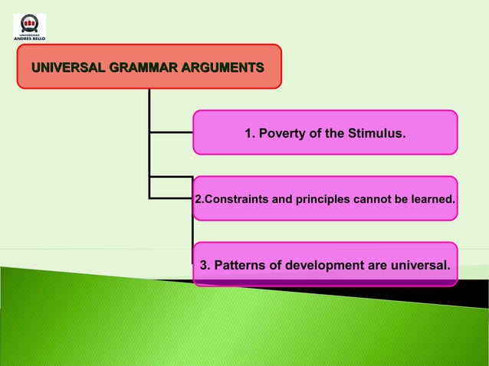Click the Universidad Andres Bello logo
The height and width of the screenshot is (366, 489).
pyautogui.click(x=30, y=27)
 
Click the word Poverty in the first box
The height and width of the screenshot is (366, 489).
pyautogui.click(x=283, y=134)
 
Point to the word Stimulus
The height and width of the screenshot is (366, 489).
pyautogui.click(x=376, y=134)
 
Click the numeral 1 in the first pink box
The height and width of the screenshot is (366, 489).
pyautogui.click(x=248, y=134)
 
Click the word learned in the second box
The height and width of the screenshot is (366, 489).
pyautogui.click(x=433, y=200)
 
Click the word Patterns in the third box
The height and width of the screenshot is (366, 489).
pyautogui.click(x=240, y=266)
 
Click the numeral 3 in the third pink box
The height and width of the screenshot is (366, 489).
pyautogui.click(x=204, y=266)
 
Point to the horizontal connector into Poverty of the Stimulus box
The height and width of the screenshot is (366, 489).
pyautogui.click(x=171, y=132)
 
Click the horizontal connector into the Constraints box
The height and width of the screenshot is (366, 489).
pyautogui.click(x=171, y=198)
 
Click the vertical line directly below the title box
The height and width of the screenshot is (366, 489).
pyautogui.click(x=149, y=107)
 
